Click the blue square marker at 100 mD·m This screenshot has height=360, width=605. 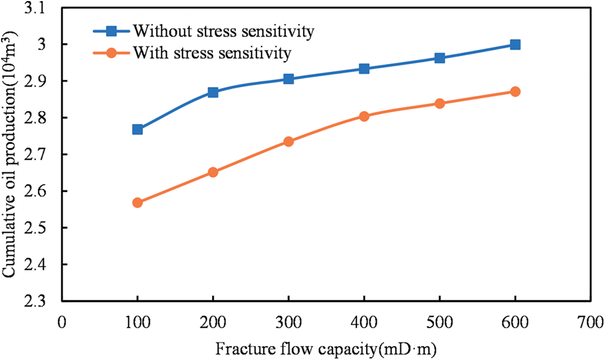[137, 129]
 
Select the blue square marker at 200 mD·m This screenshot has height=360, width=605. [213, 92]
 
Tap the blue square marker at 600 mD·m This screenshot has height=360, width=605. [515, 45]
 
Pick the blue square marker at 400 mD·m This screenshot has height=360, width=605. [364, 69]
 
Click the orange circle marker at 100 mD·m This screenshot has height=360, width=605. [137, 203]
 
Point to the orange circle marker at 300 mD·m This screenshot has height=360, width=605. [288, 141]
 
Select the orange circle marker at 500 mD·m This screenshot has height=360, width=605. [440, 104]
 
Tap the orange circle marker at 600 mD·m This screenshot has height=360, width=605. [515, 92]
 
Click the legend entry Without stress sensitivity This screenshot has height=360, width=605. [223, 31]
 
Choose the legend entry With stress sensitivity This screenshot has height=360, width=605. [211, 52]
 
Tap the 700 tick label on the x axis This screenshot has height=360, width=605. [591, 322]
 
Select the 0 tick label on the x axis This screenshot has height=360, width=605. [62, 322]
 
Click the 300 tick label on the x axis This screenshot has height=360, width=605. [288, 322]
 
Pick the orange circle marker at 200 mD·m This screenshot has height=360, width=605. [213, 172]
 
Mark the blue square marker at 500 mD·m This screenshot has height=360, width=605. [440, 58]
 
